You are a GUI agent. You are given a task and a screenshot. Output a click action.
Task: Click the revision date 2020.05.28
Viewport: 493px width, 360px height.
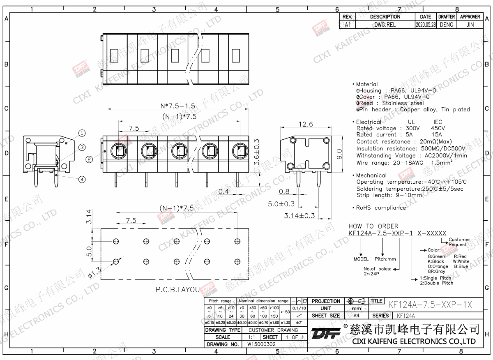426,25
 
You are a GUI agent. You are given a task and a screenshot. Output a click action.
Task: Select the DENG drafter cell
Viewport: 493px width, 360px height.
446,25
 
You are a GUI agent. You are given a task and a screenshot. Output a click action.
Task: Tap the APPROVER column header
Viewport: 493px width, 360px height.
470,17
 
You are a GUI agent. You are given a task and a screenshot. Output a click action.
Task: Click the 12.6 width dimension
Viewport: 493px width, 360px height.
306,124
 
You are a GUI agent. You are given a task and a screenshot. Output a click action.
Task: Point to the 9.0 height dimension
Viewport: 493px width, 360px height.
339,154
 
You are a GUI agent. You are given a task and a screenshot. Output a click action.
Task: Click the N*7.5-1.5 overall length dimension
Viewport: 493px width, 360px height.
177,106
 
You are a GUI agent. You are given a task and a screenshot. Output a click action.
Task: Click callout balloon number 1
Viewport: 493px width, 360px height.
82,133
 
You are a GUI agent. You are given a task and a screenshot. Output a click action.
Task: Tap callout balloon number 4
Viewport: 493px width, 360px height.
82,179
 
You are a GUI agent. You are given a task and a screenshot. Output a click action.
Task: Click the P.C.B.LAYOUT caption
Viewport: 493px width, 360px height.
180,289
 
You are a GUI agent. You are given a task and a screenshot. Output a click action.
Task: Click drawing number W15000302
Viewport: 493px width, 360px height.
261,344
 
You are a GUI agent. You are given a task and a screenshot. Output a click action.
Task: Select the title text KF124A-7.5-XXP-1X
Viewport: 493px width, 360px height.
430,305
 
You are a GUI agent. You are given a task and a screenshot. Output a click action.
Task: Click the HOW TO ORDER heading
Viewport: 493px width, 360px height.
373,226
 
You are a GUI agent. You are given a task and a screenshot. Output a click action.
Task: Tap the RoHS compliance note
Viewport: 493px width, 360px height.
381,208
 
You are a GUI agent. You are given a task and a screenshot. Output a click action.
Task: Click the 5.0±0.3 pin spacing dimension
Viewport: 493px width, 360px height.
281,204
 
